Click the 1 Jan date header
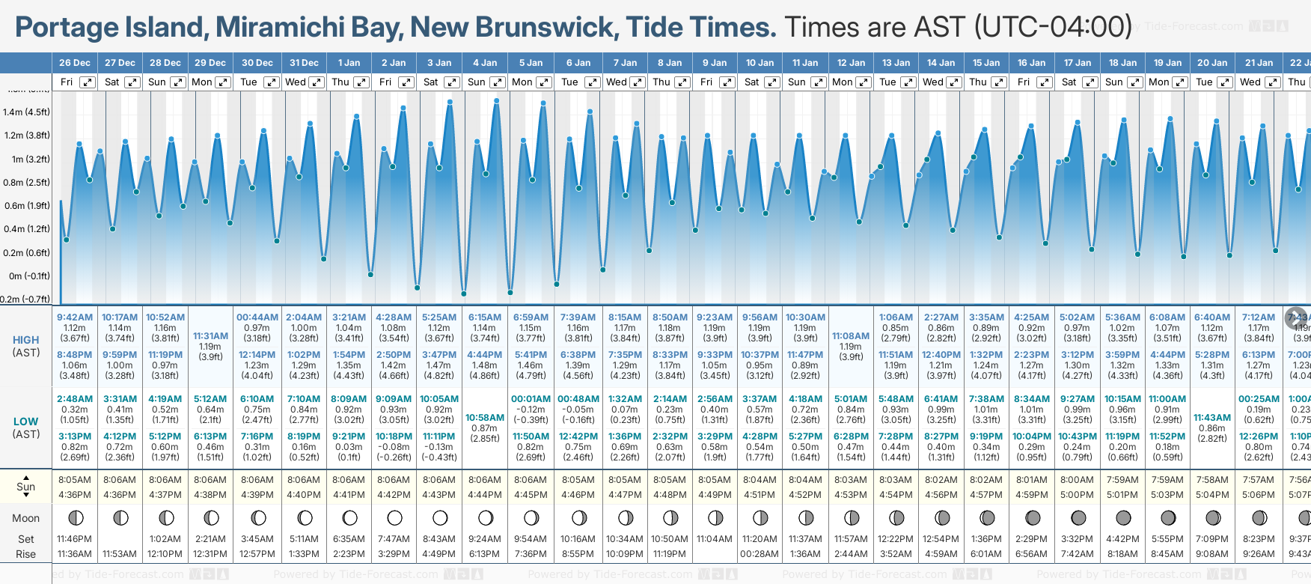[349, 63]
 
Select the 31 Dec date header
[304, 63]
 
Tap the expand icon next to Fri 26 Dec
[88, 82]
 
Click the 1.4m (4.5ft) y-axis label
[26, 112]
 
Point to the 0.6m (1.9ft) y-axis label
[26, 206]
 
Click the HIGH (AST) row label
[26, 346]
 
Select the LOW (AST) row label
[26, 428]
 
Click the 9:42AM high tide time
[75, 317]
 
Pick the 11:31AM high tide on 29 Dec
[210, 336]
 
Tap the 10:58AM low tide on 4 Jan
[485, 417]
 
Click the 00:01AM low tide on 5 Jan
[531, 399]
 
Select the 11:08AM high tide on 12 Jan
[851, 336]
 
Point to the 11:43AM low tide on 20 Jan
[1212, 417]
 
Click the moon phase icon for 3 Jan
[440, 517]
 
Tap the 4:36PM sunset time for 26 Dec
[75, 494]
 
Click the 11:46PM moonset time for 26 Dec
[75, 538]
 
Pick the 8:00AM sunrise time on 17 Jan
[1077, 480]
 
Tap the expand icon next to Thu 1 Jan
[361, 82]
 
